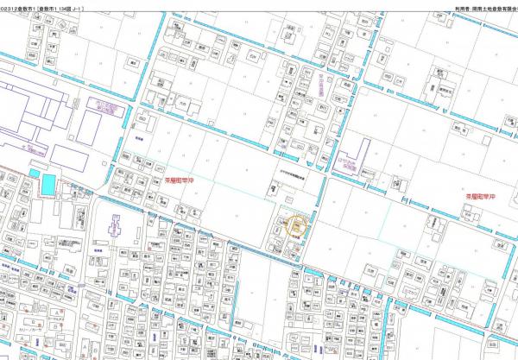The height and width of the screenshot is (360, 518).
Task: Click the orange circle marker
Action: click(x=296, y=227)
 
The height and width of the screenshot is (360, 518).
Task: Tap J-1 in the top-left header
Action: click(x=83, y=4)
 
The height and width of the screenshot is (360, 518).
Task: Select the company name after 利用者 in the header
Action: click(x=492, y=4)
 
